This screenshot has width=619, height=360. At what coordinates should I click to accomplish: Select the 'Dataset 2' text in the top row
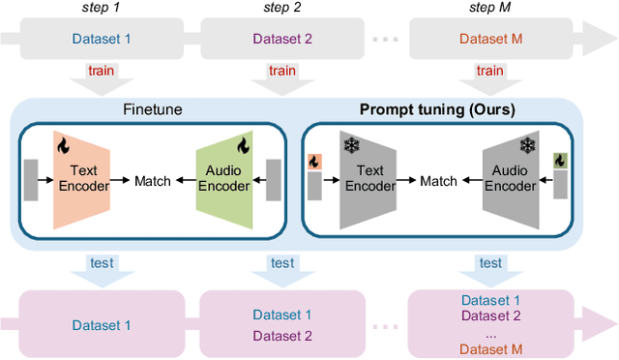click(281, 40)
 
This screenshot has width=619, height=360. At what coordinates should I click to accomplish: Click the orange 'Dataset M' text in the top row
click(490, 40)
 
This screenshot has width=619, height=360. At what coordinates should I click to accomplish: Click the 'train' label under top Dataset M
click(490, 71)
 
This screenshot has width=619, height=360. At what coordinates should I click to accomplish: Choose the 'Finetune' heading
click(153, 110)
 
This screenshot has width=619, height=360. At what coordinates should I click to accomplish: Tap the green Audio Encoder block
click(224, 180)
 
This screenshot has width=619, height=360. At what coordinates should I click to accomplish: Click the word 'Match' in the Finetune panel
click(153, 181)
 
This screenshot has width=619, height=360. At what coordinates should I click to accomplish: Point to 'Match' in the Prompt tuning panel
click(438, 181)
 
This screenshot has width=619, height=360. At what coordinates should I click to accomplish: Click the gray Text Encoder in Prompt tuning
click(364, 180)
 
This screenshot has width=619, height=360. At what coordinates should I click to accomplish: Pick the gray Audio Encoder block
click(511, 180)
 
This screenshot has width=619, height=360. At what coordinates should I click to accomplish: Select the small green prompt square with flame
click(559, 161)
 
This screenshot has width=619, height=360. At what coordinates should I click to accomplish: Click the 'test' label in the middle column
click(281, 262)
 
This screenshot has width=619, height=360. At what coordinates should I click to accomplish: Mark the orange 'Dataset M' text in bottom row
click(490, 347)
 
